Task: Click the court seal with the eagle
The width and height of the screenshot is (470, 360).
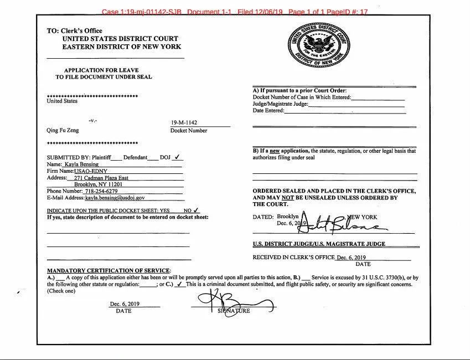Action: pos(318,45)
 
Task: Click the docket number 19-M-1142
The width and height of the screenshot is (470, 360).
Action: pos(184,123)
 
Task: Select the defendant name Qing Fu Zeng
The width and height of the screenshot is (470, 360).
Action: pos(63,131)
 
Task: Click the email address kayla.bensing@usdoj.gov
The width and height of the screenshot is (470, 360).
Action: pos(115,198)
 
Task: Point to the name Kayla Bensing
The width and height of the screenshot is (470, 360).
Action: pos(81,164)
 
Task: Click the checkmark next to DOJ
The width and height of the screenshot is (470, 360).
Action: pos(177,157)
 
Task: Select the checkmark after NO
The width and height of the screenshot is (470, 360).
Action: pos(196,210)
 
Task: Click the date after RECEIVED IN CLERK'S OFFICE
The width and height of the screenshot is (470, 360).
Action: pos(351,258)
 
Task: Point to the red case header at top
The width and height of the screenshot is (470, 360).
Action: pos(235,11)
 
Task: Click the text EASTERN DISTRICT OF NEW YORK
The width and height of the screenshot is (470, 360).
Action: pos(122,47)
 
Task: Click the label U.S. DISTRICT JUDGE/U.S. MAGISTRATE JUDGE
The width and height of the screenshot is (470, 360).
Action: pos(319,244)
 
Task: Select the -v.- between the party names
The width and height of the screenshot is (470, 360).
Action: pos(92,121)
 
